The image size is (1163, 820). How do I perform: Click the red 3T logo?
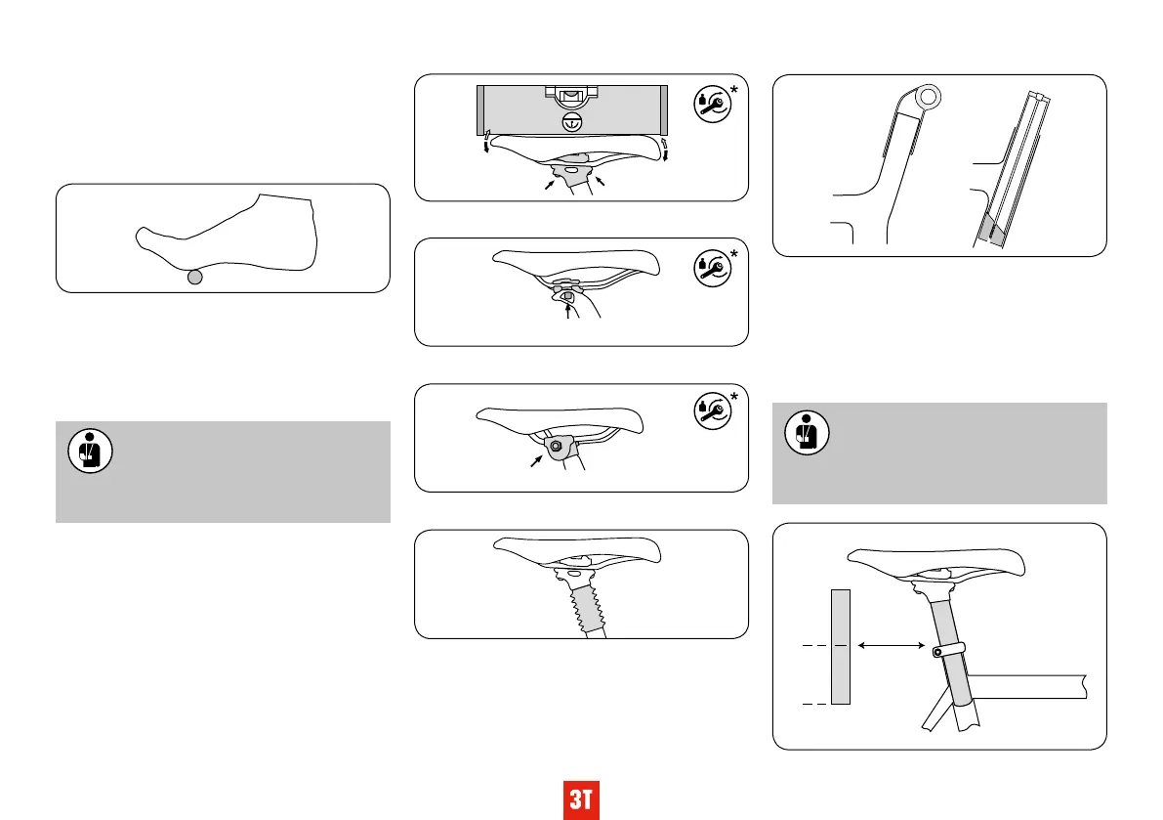click(x=582, y=800)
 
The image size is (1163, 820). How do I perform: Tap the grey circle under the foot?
click(x=195, y=277)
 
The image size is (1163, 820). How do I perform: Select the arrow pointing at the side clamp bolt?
click(x=536, y=460)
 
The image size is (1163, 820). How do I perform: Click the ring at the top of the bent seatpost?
click(x=930, y=96)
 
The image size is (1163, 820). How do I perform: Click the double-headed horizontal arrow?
click(x=892, y=646)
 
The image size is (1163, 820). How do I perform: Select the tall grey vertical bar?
click(x=841, y=646)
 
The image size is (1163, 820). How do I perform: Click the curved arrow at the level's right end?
click(x=664, y=149)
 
